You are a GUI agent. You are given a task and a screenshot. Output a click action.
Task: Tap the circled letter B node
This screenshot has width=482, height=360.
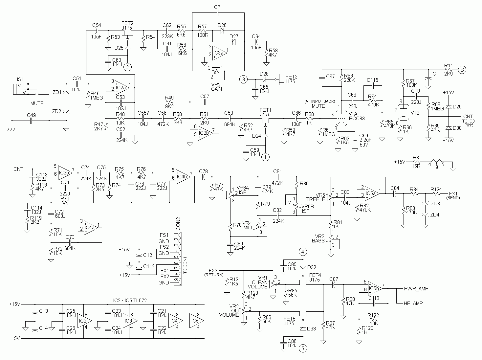(x=462, y=70)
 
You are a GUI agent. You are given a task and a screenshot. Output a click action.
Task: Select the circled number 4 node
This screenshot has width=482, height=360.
(x=303, y=252)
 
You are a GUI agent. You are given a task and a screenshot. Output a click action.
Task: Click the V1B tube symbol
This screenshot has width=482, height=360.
(x=404, y=112)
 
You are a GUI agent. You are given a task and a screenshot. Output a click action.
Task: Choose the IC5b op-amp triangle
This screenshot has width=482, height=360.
(x=375, y=289)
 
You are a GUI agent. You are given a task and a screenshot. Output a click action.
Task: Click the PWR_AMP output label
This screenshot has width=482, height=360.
(x=416, y=289)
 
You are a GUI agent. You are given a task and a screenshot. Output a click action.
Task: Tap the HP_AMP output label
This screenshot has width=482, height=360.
(x=413, y=303)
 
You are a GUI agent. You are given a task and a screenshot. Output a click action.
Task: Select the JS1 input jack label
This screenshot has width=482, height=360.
(x=20, y=79)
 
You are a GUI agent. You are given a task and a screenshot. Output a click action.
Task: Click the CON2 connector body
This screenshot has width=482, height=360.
(x=178, y=259)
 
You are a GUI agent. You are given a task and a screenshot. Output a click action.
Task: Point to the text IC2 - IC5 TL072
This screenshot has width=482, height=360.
(x=130, y=300)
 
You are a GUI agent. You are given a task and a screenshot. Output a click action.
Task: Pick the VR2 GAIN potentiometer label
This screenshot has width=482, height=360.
(x=216, y=87)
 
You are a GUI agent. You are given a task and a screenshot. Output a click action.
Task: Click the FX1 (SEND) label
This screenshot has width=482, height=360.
(x=453, y=195)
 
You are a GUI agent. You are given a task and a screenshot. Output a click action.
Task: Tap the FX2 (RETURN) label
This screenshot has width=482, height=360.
(x=214, y=272)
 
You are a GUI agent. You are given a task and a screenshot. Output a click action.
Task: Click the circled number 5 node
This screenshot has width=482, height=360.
(x=303, y=349)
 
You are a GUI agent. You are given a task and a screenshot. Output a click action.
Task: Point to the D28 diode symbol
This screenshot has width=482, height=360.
(x=264, y=79)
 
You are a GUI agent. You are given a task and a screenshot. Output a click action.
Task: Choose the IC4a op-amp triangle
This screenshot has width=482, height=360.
(x=91, y=228)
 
